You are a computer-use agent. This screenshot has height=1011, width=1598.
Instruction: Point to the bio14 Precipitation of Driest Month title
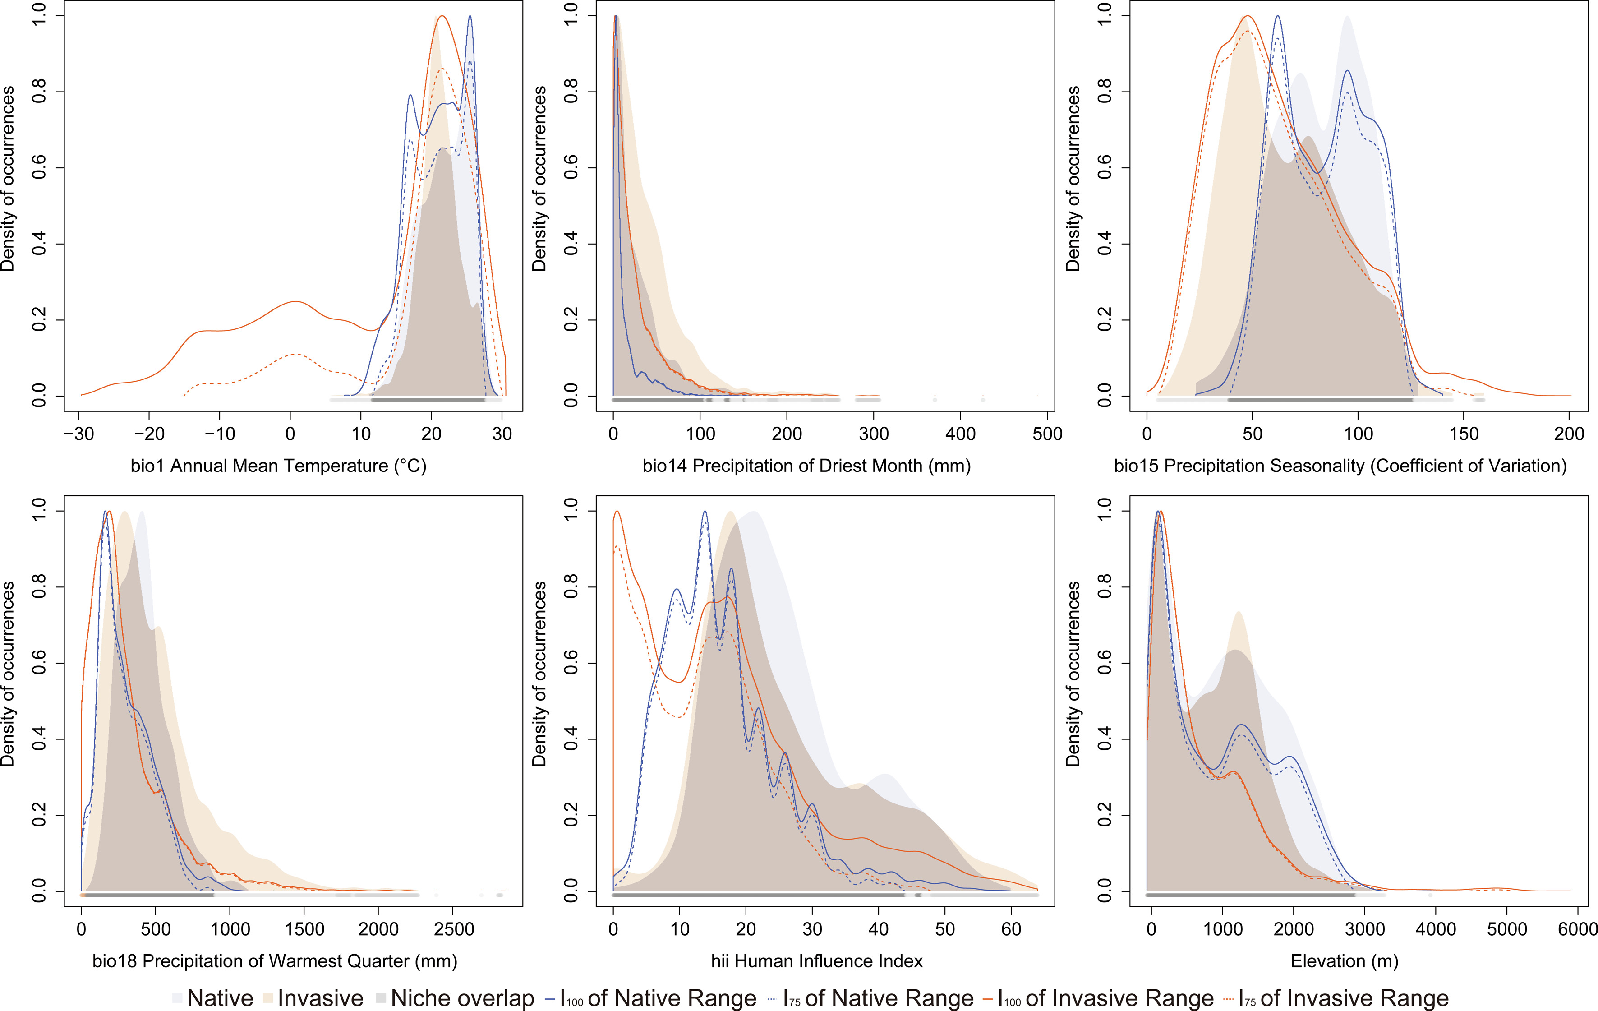click(x=806, y=465)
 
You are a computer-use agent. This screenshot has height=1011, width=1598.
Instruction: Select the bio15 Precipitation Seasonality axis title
click(x=1340, y=465)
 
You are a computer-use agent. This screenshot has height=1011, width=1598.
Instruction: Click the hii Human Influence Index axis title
click(x=817, y=960)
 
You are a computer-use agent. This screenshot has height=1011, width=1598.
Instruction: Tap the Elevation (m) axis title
click(x=1345, y=960)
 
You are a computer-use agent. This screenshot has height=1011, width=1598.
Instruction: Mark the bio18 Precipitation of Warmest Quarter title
click(x=275, y=960)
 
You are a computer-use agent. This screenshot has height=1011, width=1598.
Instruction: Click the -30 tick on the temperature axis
click(x=78, y=434)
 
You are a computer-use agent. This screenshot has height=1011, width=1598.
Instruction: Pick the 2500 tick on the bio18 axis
click(x=454, y=929)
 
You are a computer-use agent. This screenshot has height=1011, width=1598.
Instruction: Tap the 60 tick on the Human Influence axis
click(x=1011, y=929)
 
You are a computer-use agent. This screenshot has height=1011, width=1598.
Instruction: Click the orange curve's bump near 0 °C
click(x=294, y=302)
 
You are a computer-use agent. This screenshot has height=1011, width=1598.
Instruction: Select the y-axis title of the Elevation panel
click(x=1073, y=674)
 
